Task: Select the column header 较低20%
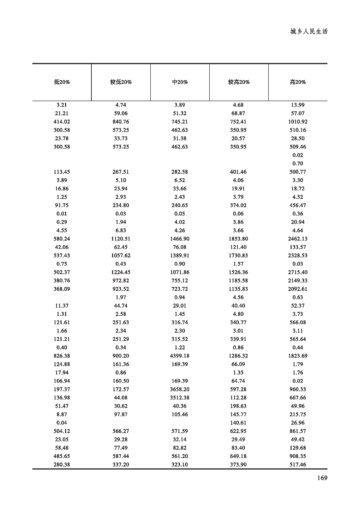click(x=121, y=82)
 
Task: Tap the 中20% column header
click(x=180, y=82)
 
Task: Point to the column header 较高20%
click(x=239, y=82)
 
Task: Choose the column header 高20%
click(x=298, y=82)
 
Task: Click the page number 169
click(x=321, y=477)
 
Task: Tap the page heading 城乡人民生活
click(x=309, y=32)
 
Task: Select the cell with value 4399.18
click(x=180, y=356)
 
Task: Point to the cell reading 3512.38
click(x=180, y=398)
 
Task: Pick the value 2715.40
click(x=298, y=272)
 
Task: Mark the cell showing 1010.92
click(x=298, y=122)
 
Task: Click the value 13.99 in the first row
click(x=298, y=105)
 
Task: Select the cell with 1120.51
click(x=121, y=239)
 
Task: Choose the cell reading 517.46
click(x=298, y=465)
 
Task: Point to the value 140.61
click(x=239, y=423)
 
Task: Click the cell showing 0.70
click(x=298, y=163)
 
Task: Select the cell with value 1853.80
click(x=239, y=239)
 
